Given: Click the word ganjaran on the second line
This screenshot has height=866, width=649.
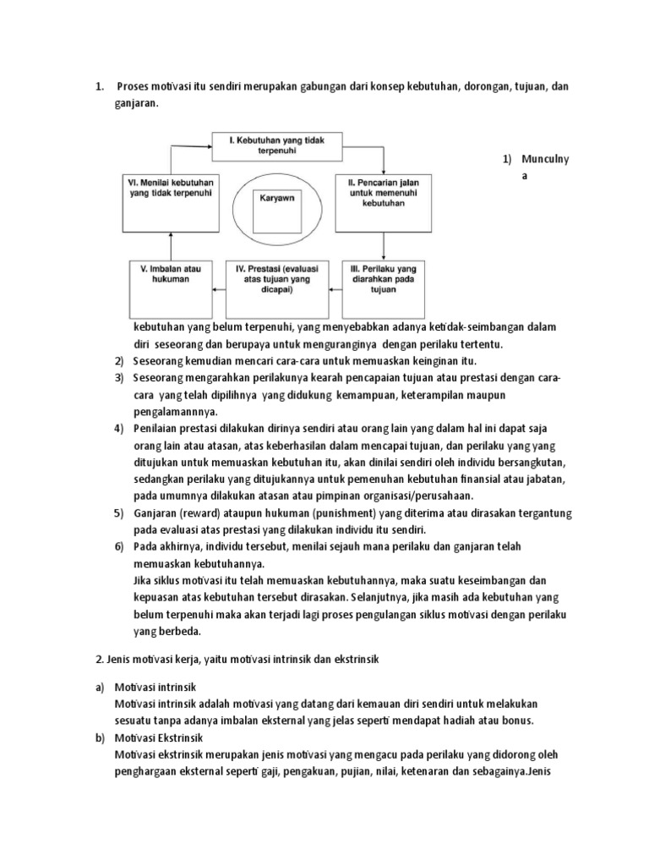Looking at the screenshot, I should [x=136, y=103].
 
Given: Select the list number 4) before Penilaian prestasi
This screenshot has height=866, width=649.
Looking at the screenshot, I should [x=119, y=430].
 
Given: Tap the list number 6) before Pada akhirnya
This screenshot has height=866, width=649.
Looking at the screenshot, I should [x=119, y=546].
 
